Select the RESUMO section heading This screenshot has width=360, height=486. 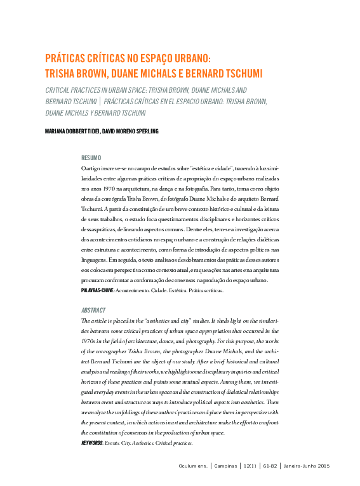coord(91,158)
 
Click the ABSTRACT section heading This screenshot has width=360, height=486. coord(94,311)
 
